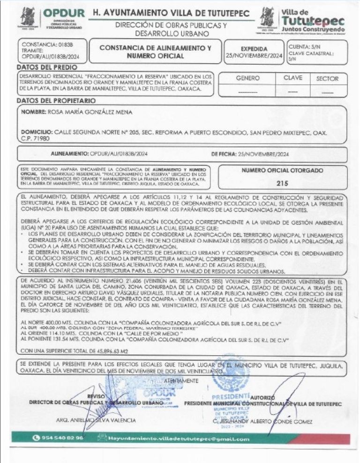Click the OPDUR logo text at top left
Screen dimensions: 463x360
[x=64, y=14]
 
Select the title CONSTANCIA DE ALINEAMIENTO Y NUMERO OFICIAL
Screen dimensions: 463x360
[x=156, y=52]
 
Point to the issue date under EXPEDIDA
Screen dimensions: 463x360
[x=254, y=55]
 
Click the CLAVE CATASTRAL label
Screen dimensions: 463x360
[x=317, y=53]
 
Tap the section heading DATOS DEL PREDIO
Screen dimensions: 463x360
[x=44, y=67]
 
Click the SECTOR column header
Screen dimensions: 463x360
[x=327, y=79]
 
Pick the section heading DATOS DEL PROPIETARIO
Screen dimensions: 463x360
[x=56, y=100]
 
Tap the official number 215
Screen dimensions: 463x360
[x=282, y=183]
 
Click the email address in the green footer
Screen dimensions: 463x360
[x=178, y=439]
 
